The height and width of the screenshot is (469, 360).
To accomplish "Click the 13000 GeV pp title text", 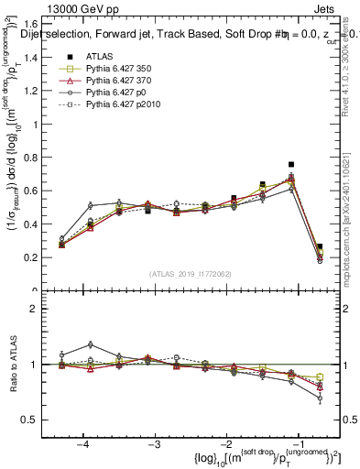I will click(x=82, y=7).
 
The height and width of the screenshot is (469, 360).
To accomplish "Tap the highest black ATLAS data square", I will click(x=290, y=165).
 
